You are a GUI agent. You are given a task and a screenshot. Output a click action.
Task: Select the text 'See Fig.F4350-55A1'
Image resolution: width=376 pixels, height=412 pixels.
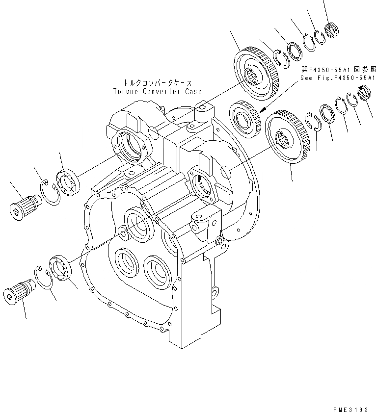[339, 78]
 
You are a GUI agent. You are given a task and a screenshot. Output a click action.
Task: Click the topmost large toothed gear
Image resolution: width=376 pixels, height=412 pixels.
[255, 73]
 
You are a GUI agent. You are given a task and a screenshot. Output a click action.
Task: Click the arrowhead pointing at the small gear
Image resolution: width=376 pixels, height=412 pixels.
[263, 110]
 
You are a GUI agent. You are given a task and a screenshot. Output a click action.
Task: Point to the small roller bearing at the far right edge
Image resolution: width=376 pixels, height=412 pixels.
[364, 92]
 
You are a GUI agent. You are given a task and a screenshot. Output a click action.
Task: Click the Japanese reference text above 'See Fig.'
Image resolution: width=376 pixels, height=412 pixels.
[339, 70]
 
